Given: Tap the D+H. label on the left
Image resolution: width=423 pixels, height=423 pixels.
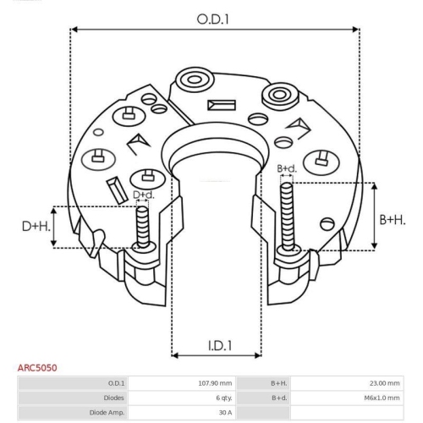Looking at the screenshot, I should [x=35, y=227].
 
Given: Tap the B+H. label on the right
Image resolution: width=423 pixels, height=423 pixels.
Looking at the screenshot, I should [x=394, y=219].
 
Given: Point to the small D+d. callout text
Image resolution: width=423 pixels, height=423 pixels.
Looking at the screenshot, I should [x=144, y=195].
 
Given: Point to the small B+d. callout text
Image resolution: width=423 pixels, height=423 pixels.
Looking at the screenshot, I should [x=288, y=169].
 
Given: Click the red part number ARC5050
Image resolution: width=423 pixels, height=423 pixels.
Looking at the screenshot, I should [x=39, y=368].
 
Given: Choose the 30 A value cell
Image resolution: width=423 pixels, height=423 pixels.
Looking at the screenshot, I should [x=224, y=412].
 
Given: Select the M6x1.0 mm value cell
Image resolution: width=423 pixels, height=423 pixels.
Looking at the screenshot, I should [x=382, y=398].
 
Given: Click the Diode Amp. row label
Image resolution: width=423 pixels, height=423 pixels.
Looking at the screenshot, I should [x=107, y=412].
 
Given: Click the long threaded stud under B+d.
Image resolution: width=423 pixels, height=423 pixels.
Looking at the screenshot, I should [x=288, y=216].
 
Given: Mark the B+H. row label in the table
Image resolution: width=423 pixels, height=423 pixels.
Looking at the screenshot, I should [x=278, y=383].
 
